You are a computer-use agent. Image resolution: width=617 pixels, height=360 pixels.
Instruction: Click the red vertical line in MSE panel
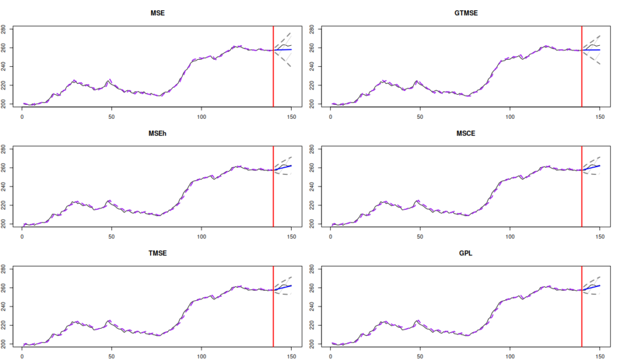click(x=274, y=66)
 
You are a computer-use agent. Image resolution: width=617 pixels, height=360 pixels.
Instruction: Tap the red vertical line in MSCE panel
click(x=582, y=186)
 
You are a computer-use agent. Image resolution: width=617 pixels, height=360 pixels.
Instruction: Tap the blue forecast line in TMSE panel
click(x=283, y=288)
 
